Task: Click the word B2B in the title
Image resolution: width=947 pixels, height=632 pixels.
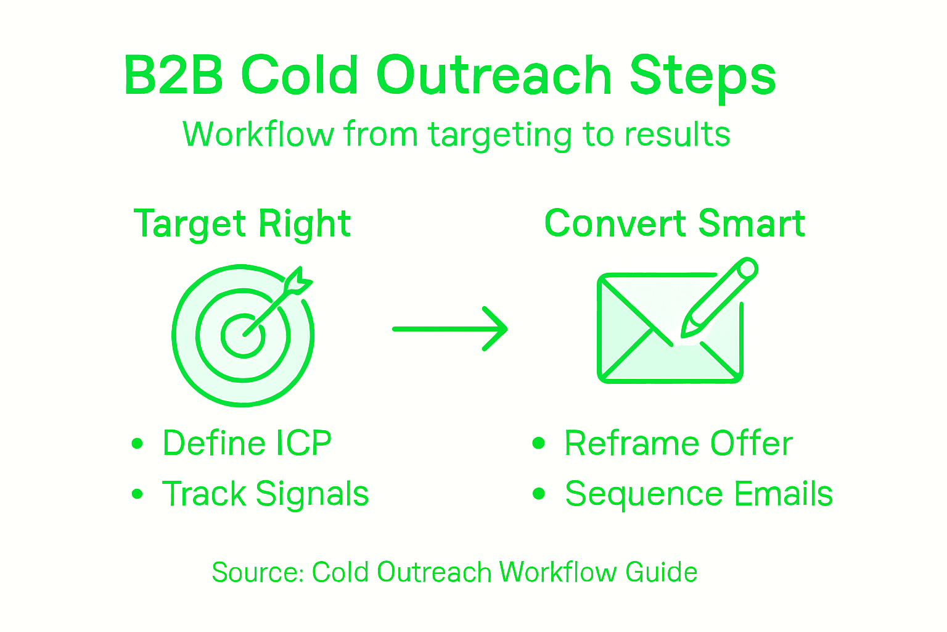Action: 173,76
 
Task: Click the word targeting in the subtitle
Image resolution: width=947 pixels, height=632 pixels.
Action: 501,135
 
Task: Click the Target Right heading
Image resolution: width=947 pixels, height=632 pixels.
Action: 242,223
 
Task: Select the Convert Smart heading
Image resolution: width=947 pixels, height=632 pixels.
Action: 674,223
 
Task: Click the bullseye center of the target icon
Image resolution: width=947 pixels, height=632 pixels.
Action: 244,335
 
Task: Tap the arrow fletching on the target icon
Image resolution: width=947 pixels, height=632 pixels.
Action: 298,282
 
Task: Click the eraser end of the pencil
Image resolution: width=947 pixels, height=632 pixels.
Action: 747,269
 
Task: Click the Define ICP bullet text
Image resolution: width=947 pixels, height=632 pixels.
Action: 247,443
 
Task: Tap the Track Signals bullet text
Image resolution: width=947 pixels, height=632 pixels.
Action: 265,494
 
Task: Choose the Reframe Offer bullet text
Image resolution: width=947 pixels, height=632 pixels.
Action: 678,443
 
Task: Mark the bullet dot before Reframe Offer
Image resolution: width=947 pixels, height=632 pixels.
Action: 539,443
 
